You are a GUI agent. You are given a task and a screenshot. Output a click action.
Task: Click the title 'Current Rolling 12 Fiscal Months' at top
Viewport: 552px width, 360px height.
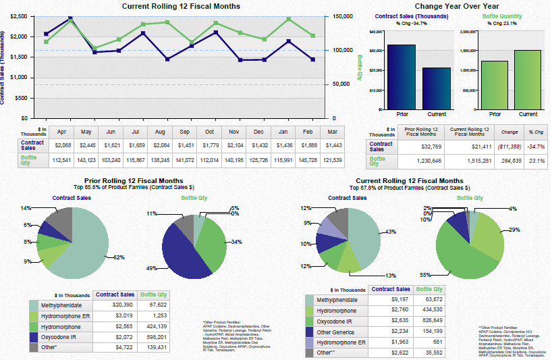(x=181, y=6)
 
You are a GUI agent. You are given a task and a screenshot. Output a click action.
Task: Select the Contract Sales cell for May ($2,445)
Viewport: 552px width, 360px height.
(x=86, y=145)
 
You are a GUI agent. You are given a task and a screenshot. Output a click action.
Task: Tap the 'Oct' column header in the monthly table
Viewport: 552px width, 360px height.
(x=209, y=131)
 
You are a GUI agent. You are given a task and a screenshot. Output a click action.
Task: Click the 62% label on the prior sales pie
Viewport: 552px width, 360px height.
(x=119, y=257)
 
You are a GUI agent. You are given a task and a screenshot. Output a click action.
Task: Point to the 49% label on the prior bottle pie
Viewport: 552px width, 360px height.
(x=151, y=268)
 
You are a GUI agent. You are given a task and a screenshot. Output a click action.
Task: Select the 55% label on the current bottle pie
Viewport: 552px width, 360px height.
(x=424, y=275)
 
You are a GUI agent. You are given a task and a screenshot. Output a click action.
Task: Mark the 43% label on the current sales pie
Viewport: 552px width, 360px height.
(x=390, y=232)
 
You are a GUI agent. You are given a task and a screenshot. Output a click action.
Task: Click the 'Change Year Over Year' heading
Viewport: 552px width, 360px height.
(x=456, y=6)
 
